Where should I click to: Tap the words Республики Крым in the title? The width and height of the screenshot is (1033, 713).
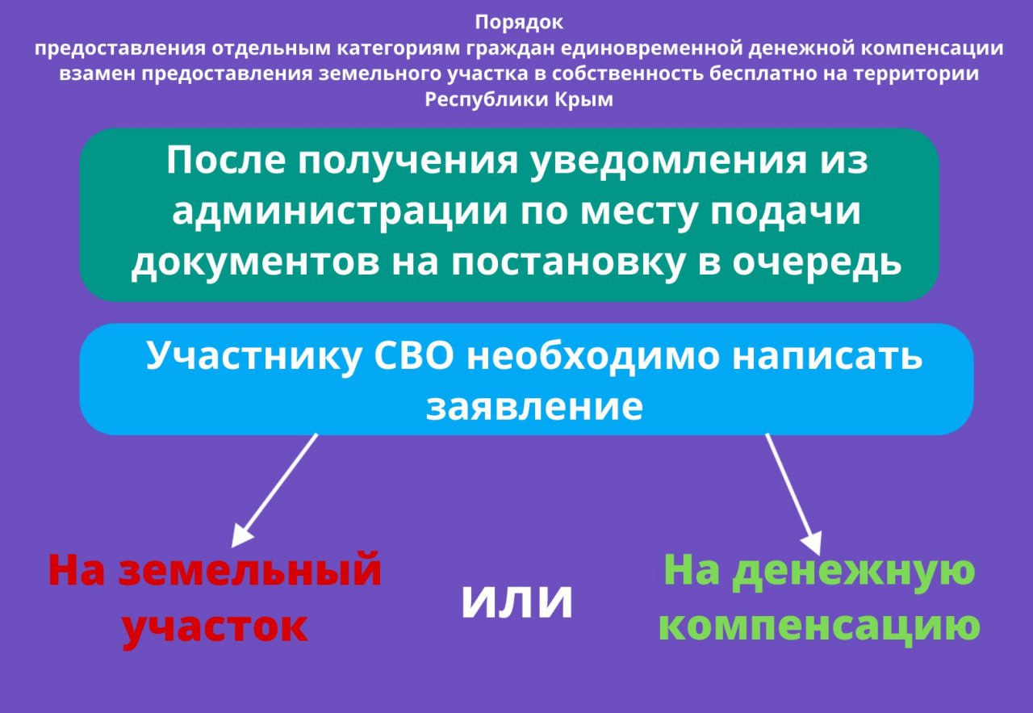pos(519,99)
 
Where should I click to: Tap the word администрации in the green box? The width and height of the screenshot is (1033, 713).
pos(340,212)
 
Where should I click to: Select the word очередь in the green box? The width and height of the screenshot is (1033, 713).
pos(817,263)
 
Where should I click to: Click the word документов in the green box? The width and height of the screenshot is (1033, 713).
pos(256,263)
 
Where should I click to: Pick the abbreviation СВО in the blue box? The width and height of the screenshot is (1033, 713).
pos(414,356)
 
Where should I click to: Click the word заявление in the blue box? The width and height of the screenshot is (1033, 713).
pos(534,407)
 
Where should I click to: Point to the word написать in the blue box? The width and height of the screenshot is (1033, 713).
pos(827,357)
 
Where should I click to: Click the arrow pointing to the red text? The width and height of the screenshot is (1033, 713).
pos(274,491)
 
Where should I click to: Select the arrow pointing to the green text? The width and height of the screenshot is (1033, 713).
pos(793,494)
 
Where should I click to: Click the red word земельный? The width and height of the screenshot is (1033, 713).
pos(250,570)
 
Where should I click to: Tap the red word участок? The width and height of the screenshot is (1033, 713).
pos(215,628)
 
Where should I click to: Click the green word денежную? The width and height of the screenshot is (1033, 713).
pos(854,570)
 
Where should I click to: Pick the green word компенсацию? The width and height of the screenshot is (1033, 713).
pos(819,626)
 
